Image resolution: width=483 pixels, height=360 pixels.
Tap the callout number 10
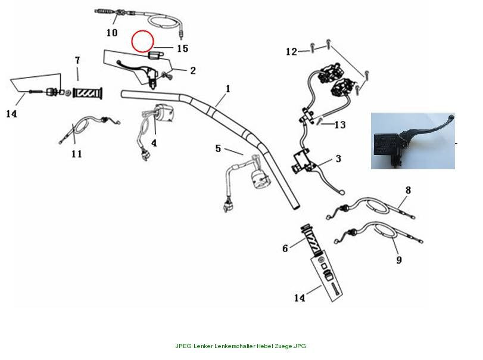tap(112, 32)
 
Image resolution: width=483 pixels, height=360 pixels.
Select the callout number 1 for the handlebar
tap(228, 89)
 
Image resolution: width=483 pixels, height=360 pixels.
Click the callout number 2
tap(193, 70)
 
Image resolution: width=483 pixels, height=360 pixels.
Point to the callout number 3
tap(338, 159)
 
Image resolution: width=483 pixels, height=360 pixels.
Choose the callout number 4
tap(154, 142)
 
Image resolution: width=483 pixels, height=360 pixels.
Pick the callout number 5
tap(218, 148)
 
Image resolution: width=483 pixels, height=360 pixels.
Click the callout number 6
tap(285, 248)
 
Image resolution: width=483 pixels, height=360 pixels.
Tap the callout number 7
tap(77, 60)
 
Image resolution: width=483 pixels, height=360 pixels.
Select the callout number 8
tap(408, 190)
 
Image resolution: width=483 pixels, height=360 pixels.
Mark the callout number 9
tap(399, 260)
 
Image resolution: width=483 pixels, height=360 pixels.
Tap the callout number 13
tap(340, 125)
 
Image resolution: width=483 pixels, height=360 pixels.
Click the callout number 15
tap(182, 48)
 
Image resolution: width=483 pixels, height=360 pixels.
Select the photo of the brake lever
tap(413, 141)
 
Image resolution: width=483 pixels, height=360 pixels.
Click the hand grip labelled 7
tap(88, 92)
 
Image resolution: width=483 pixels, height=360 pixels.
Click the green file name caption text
tap(241, 346)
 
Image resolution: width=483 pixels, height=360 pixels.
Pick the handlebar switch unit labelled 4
tap(163, 113)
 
